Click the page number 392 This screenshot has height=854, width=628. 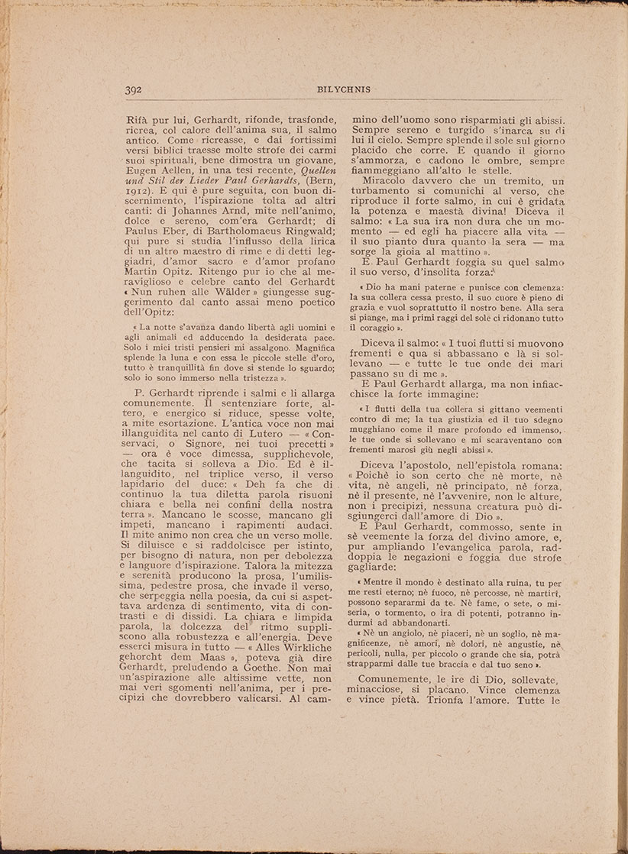[x=136, y=89]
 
